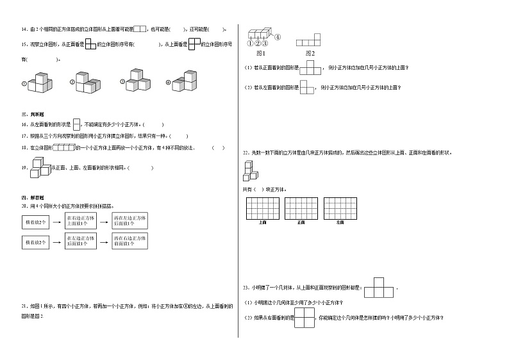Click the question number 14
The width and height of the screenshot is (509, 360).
tap(24, 29)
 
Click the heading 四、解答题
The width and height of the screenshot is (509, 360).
tap(29, 199)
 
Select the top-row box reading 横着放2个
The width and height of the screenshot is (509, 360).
tap(36, 222)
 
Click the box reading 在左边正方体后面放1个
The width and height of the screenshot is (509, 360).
tap(81, 243)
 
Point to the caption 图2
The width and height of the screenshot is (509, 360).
tap(310, 53)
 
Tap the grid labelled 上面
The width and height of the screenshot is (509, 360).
tap(263, 208)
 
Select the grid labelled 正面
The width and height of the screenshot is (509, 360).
tap(301, 208)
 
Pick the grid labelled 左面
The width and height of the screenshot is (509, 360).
tap(340, 208)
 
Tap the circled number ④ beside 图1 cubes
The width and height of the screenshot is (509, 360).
tap(278, 37)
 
